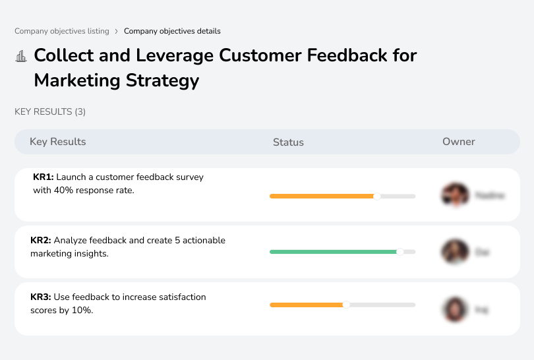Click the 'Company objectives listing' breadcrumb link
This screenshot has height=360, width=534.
(x=61, y=31)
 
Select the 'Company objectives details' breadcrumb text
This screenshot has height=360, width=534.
(x=172, y=31)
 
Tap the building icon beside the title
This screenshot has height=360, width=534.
(x=21, y=56)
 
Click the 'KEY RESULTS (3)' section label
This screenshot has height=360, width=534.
(x=50, y=112)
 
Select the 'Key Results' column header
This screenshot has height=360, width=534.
(x=58, y=142)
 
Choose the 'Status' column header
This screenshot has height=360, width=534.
(x=288, y=142)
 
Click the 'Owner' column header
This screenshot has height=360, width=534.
(x=459, y=142)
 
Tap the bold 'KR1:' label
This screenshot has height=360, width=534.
(x=44, y=177)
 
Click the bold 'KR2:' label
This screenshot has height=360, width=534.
(x=42, y=241)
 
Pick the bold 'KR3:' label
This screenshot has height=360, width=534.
(x=42, y=297)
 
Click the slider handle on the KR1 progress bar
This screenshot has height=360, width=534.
(x=377, y=196)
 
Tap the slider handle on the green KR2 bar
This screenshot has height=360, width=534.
(x=400, y=251)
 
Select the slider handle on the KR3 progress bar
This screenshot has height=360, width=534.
(x=345, y=305)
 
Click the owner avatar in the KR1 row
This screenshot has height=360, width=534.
(x=454, y=195)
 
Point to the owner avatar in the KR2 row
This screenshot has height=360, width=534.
(x=454, y=252)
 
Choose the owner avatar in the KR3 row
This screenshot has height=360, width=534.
(x=454, y=309)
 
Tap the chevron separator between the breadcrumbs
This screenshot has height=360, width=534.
(x=116, y=31)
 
